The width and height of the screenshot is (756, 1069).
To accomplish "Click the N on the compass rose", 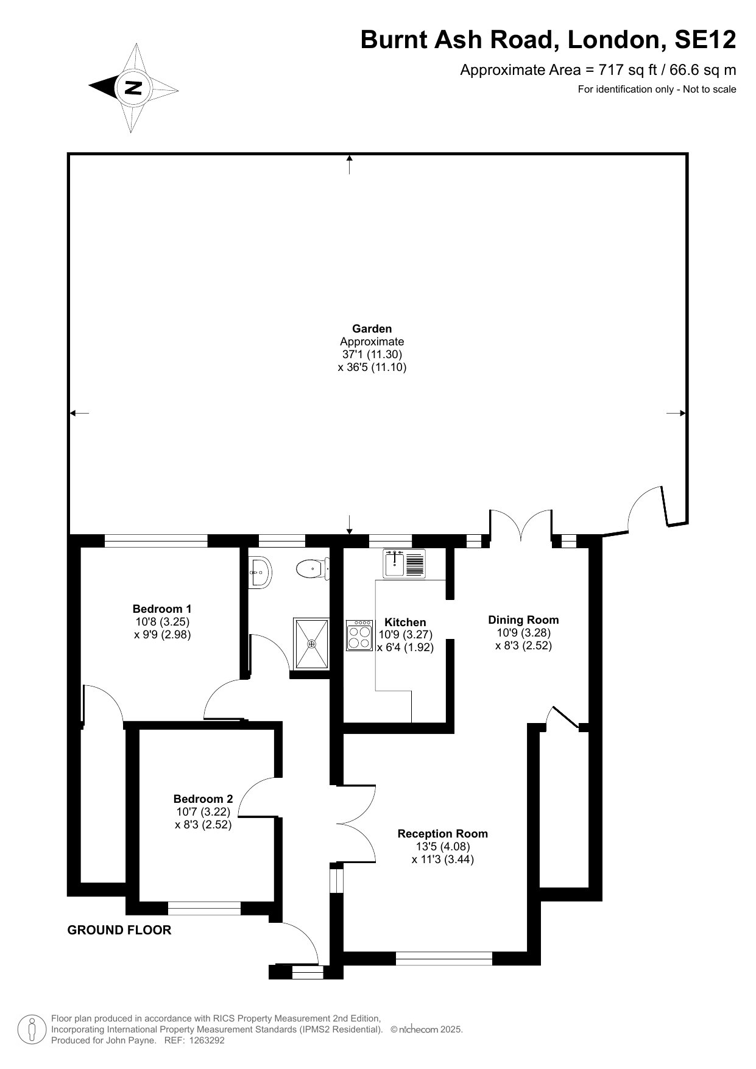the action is [x=133, y=87].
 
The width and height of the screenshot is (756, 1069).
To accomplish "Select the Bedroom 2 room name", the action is [x=203, y=799].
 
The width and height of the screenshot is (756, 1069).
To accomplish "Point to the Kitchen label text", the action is [x=405, y=622].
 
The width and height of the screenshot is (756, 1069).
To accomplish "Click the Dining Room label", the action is [x=523, y=619].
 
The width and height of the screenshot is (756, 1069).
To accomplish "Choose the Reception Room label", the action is [x=443, y=833].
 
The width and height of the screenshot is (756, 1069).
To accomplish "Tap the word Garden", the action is [x=372, y=329].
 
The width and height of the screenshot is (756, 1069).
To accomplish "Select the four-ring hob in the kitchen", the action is [x=359, y=635].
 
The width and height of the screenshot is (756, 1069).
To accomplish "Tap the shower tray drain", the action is [x=312, y=643].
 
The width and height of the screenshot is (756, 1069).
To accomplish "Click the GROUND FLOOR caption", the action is [x=119, y=930].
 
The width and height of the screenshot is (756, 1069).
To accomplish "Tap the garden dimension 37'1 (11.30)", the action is [x=372, y=354].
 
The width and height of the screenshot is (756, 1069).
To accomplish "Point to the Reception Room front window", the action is [x=444, y=958].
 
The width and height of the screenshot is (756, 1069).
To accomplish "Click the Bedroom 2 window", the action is [x=205, y=908].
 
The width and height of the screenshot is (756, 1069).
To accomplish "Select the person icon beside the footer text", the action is [x=32, y=1029].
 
